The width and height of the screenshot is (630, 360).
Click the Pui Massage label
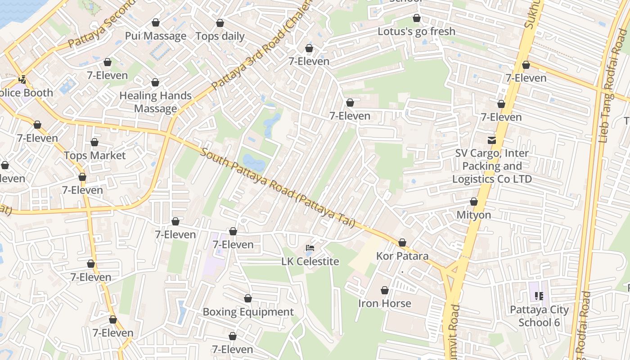[155, 36]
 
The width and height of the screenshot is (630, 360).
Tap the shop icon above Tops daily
[220, 23]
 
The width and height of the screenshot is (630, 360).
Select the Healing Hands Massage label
[155, 102]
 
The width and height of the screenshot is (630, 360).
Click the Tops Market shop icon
[94, 143]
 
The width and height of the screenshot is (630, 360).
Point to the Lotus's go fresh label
[416, 31]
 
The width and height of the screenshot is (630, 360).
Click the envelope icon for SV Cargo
[492, 140]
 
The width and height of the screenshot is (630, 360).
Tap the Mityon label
[474, 215]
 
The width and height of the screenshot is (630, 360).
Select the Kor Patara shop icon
[402, 243]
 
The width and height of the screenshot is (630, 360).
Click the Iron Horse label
[385, 303]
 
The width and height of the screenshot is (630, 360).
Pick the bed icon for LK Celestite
[310, 248]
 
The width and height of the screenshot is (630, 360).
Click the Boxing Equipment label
[248, 312]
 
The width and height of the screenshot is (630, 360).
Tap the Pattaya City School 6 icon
[539, 296]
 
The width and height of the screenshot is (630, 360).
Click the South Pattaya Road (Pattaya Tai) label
[277, 188]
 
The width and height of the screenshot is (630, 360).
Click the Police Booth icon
[22, 80]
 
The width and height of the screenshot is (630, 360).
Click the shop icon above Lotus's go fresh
[417, 18]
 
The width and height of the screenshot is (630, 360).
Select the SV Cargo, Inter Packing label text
[492, 166]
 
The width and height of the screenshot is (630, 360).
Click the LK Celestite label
[310, 261]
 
